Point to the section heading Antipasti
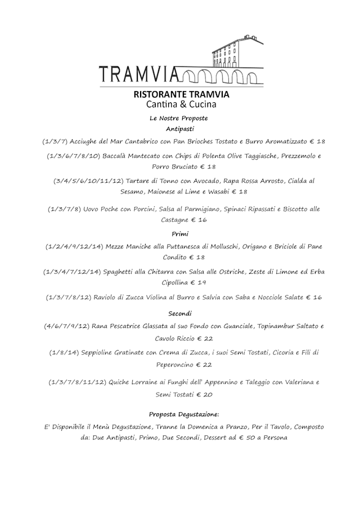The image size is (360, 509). [179, 129]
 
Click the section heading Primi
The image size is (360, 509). [179, 233]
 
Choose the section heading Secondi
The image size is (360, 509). [179, 313]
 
